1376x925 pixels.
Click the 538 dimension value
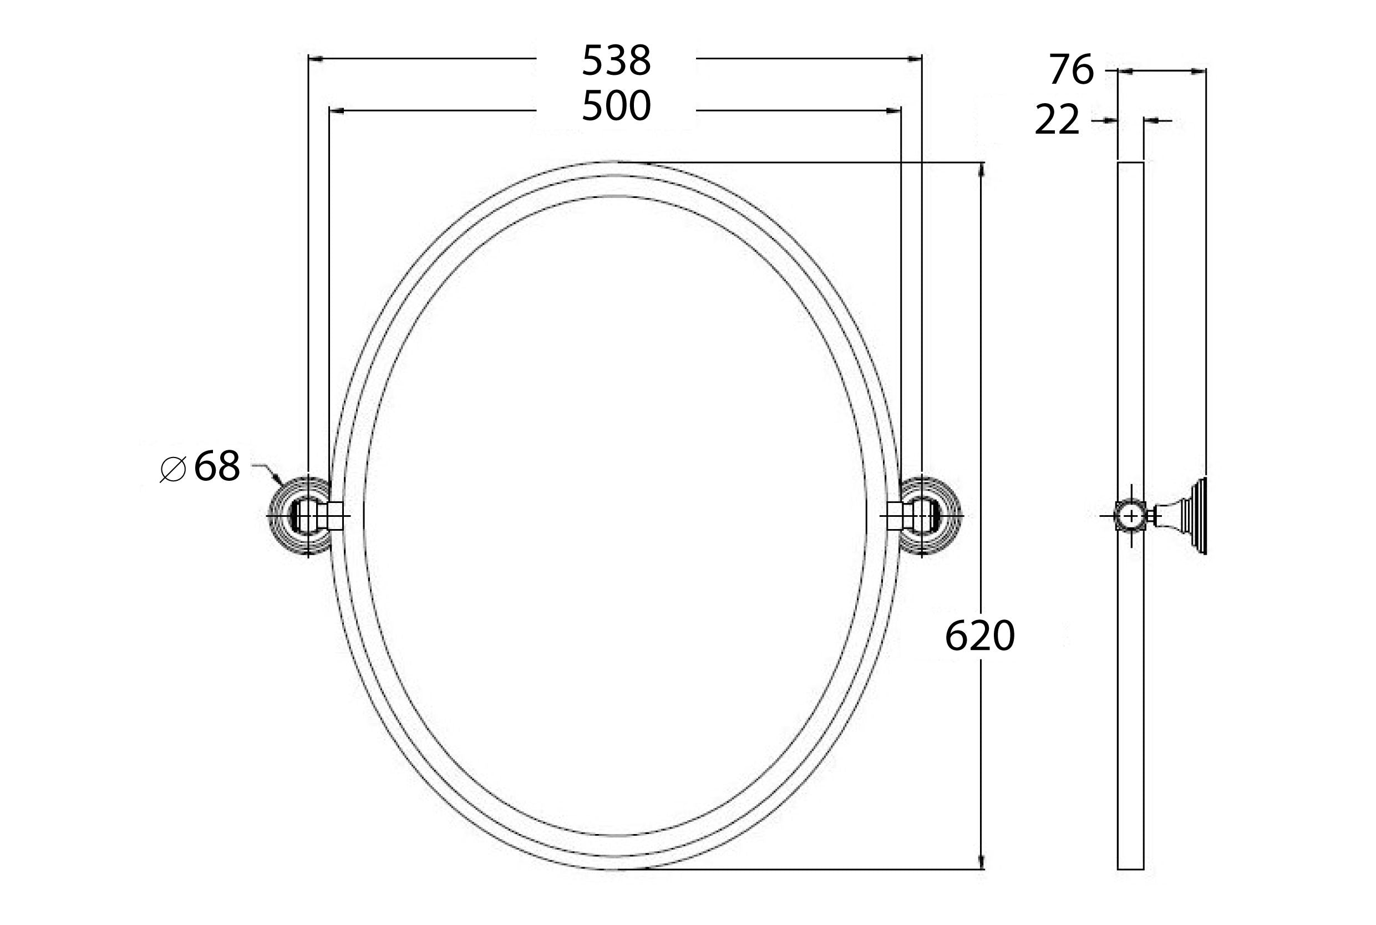(616, 60)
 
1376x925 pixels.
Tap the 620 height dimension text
(979, 636)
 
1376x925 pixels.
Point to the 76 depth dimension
(1070, 70)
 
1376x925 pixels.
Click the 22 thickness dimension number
(1057, 120)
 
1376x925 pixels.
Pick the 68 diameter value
(216, 466)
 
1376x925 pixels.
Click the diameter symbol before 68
(173, 470)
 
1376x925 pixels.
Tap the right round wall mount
(931, 516)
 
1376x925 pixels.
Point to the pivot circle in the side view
(1131, 516)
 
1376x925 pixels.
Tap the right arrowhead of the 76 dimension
(1199, 72)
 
